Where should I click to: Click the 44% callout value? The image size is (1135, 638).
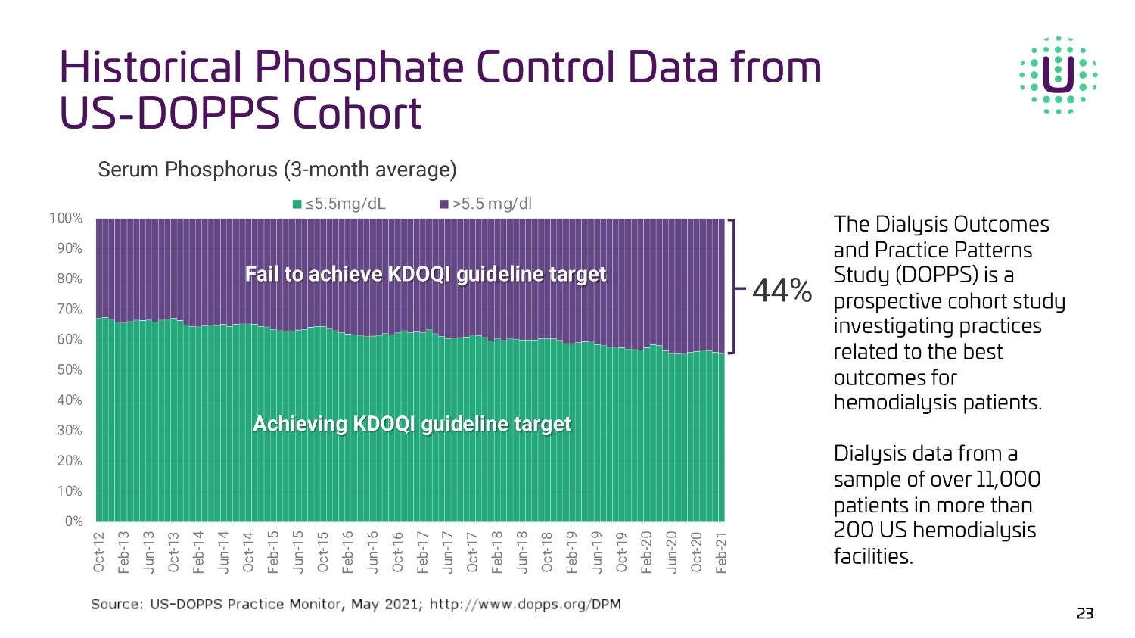pos(782,291)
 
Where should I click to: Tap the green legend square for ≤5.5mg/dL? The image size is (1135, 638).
pos(297,204)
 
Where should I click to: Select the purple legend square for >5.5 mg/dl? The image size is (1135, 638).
pos(444,204)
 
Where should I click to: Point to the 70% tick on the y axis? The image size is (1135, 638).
pos(70,309)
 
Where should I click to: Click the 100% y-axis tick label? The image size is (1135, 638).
pos(66,218)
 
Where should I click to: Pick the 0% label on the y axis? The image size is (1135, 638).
pos(73,521)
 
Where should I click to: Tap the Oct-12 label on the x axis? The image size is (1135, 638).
pos(99,552)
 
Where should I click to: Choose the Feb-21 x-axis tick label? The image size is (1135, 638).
pos(721,552)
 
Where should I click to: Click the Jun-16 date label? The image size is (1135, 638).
pos(373,552)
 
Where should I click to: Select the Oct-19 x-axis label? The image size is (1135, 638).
pos(621,552)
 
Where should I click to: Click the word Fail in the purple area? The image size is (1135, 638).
pos(262,274)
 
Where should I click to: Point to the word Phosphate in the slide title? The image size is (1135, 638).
pos(359,67)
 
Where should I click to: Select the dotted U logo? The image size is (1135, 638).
pos(1058,75)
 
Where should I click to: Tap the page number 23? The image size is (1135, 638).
pos(1084,613)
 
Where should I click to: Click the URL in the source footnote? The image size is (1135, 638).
pos(525,604)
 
